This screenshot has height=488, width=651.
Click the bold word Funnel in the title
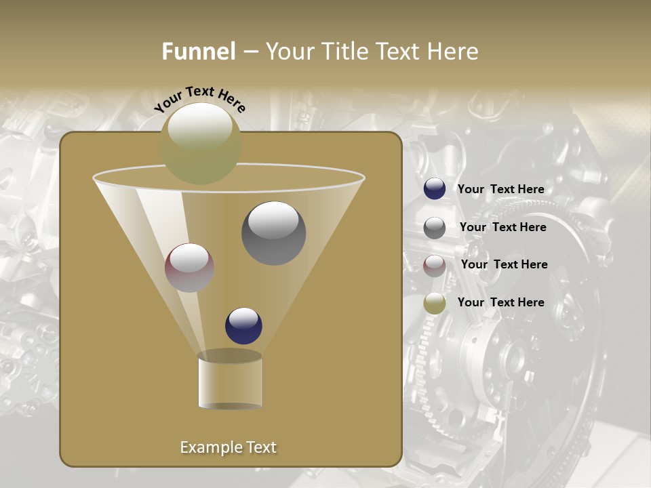coord(199,52)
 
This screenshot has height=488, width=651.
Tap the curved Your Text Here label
coord(200,99)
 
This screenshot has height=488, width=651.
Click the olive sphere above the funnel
coord(201,143)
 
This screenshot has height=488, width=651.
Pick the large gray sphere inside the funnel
coord(273,233)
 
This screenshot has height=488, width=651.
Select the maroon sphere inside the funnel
coord(190,268)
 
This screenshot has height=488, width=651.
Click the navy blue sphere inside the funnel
coord(243,325)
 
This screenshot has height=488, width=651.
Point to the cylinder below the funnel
coord(230,383)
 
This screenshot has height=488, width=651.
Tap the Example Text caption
coord(229,447)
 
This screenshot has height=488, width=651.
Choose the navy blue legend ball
coord(435,189)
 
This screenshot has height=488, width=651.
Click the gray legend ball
coord(435,228)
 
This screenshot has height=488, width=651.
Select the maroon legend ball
coord(435,266)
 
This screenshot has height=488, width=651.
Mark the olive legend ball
coord(435,303)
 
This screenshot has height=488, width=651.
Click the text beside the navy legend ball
coord(500,189)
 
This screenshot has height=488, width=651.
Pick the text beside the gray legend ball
coord(502,227)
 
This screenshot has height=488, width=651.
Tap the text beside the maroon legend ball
coord(504,264)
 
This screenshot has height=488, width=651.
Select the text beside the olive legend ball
coord(500,302)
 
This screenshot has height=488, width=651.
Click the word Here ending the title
coord(453,52)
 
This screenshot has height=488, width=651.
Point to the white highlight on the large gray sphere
coord(273,220)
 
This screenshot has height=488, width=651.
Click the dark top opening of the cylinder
coord(230,356)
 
